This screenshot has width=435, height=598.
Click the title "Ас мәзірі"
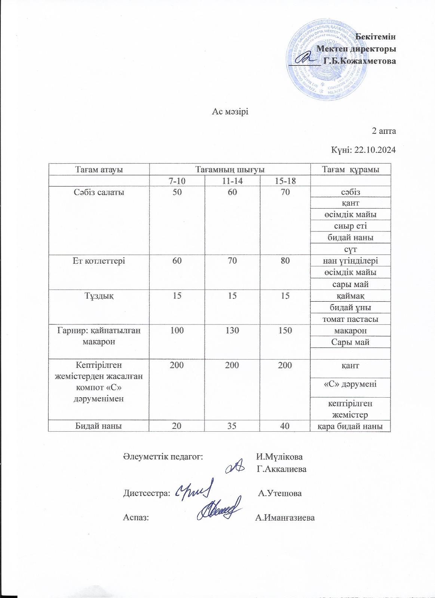[230, 112]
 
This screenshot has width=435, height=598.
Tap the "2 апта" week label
[383, 131]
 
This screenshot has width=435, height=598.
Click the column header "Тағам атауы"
[99, 169]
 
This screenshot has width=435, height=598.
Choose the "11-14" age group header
[232, 181]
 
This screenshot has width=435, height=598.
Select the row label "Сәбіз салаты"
[99, 192]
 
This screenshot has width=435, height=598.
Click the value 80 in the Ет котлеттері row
[285, 261]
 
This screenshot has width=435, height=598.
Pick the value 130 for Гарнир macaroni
[232, 330]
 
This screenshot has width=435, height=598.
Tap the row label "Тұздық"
[99, 296]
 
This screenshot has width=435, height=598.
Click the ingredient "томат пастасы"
[350, 319]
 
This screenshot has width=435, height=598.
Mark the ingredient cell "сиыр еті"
[350, 226]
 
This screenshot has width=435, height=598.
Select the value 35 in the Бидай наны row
[232, 426]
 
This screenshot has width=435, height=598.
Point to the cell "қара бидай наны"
[350, 426]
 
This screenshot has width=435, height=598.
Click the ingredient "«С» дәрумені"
[350, 384]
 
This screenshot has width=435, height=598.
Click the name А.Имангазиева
[285, 518]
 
